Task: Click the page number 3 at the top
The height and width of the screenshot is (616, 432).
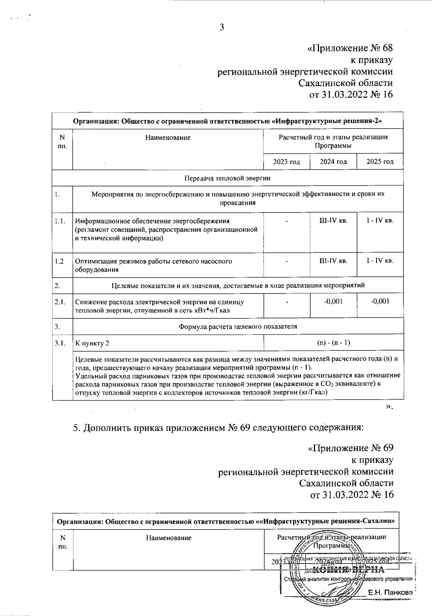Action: pyautogui.click(x=222, y=27)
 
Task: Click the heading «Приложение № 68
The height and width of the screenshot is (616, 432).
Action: pyautogui.click(x=350, y=48)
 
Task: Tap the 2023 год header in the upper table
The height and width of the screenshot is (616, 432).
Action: pyautogui.click(x=287, y=161)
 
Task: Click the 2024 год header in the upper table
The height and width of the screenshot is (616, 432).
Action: pyautogui.click(x=333, y=161)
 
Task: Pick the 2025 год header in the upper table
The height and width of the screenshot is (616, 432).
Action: pyautogui.click(x=380, y=161)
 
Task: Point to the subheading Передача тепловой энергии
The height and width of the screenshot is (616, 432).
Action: pyautogui.click(x=227, y=178)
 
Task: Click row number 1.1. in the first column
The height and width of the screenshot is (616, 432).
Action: pyautogui.click(x=60, y=221)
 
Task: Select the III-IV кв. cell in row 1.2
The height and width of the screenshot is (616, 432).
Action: pyautogui.click(x=333, y=260)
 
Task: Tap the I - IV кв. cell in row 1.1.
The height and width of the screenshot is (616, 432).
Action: pyautogui.click(x=380, y=220)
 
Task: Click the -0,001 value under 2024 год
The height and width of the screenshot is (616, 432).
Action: pyautogui.click(x=333, y=301)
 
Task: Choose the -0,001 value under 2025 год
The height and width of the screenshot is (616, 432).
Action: pyautogui.click(x=380, y=301)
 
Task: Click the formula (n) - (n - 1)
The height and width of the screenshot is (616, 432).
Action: pyautogui.click(x=333, y=343)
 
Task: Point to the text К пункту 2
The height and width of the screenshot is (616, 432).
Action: pyautogui.click(x=92, y=343)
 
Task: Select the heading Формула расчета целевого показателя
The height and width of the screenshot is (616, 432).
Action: pyautogui.click(x=238, y=327)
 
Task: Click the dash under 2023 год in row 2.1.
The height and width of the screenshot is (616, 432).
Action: pyautogui.click(x=287, y=302)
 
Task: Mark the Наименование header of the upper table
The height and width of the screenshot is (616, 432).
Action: pyautogui.click(x=168, y=138)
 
